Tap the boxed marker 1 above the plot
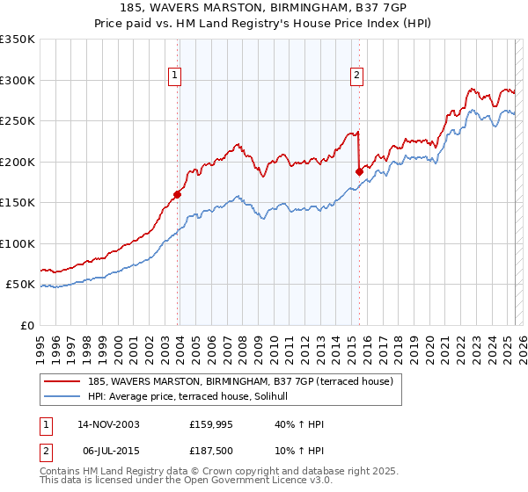coord(176,76)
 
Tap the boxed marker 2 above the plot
coord(357,76)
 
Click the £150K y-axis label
coord(18,203)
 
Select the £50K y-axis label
coord(21,285)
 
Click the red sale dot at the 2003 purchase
coord(178,194)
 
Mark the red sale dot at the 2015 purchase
coord(359,171)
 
